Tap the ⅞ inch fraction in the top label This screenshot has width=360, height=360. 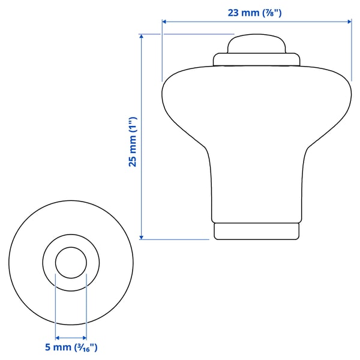point(270,11)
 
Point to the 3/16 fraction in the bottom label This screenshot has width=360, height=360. point(83,347)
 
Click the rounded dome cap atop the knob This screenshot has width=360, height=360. point(256,45)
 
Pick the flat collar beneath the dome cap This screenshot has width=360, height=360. point(256,59)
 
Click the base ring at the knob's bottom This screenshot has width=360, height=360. point(256,231)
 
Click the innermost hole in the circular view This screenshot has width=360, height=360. point(71,263)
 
